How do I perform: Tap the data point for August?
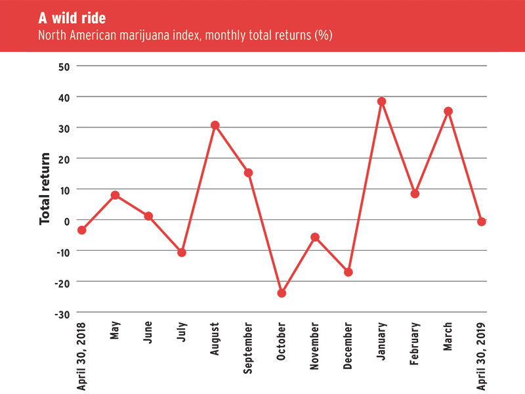tap(215, 125)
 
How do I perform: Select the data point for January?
tap(381, 101)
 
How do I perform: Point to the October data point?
tap(282, 293)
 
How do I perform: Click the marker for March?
tap(448, 111)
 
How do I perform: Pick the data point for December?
tap(348, 272)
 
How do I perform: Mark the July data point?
tap(182, 253)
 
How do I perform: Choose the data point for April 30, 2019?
tap(482, 222)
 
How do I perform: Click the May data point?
tap(115, 195)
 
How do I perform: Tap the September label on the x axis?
tap(248, 348)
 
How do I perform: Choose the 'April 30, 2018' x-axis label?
tap(82, 355)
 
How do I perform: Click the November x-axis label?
tap(315, 347)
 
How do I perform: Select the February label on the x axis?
tap(415, 347)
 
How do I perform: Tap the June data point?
tap(148, 216)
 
